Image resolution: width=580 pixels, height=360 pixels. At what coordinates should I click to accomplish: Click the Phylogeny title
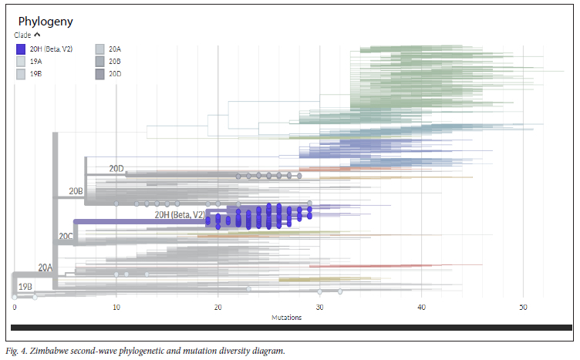tap(46, 22)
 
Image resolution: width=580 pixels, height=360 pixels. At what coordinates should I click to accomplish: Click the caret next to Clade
tap(36, 35)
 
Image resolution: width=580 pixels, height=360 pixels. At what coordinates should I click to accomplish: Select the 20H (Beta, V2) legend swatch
tap(21, 49)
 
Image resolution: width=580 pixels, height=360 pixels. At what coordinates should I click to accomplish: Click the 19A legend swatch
tap(21, 62)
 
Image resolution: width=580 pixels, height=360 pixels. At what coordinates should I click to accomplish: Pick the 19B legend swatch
tap(21, 74)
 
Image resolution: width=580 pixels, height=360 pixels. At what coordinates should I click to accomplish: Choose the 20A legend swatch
tap(100, 49)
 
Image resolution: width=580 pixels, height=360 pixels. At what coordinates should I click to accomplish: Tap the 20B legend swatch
tap(100, 62)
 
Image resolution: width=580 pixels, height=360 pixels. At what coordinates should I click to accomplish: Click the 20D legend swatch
tap(100, 74)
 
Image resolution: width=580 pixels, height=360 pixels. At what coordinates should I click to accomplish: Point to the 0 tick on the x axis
tap(14, 308)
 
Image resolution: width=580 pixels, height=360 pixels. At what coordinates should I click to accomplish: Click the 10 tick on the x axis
tap(116, 308)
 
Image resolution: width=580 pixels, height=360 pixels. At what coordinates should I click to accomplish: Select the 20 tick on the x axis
tap(217, 308)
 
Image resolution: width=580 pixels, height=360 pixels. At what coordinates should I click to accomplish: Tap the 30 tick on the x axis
tap(319, 308)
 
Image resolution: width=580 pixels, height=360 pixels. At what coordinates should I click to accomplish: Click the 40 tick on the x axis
tap(421, 308)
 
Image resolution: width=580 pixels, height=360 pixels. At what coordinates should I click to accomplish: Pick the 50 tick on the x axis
tap(523, 308)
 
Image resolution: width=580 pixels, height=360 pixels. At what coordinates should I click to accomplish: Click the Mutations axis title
tap(287, 318)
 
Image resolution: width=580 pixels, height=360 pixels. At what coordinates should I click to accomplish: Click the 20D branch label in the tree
tap(116, 168)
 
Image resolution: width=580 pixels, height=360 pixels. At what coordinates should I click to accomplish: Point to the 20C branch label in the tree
tap(66, 236)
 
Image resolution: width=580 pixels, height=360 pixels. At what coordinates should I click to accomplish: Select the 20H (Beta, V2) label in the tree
tap(180, 214)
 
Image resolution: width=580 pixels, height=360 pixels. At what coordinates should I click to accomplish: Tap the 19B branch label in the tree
tap(25, 286)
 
